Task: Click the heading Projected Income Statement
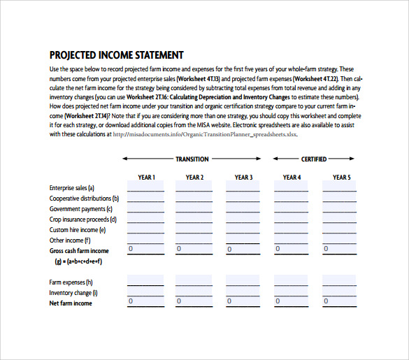pos(117,55)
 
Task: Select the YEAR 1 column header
pos(146,178)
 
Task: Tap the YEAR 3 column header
pos(243,178)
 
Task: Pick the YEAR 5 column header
pos(341,178)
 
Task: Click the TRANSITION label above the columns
pos(192,159)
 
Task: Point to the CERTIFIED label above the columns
pos(313,159)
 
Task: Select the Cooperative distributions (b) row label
pos(84,199)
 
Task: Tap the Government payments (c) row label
pos(80,209)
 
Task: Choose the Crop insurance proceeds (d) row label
pos(83,219)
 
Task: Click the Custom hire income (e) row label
pos(78,230)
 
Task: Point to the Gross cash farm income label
pos(79,251)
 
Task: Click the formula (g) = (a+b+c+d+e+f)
pos(78,261)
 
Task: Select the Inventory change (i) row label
pos(73,293)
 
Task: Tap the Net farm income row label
pos(71,303)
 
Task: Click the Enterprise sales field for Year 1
pos(145,187)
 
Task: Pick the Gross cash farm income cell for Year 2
pos(194,250)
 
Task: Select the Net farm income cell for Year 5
pos(340,302)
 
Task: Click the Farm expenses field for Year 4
pos(292,281)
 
